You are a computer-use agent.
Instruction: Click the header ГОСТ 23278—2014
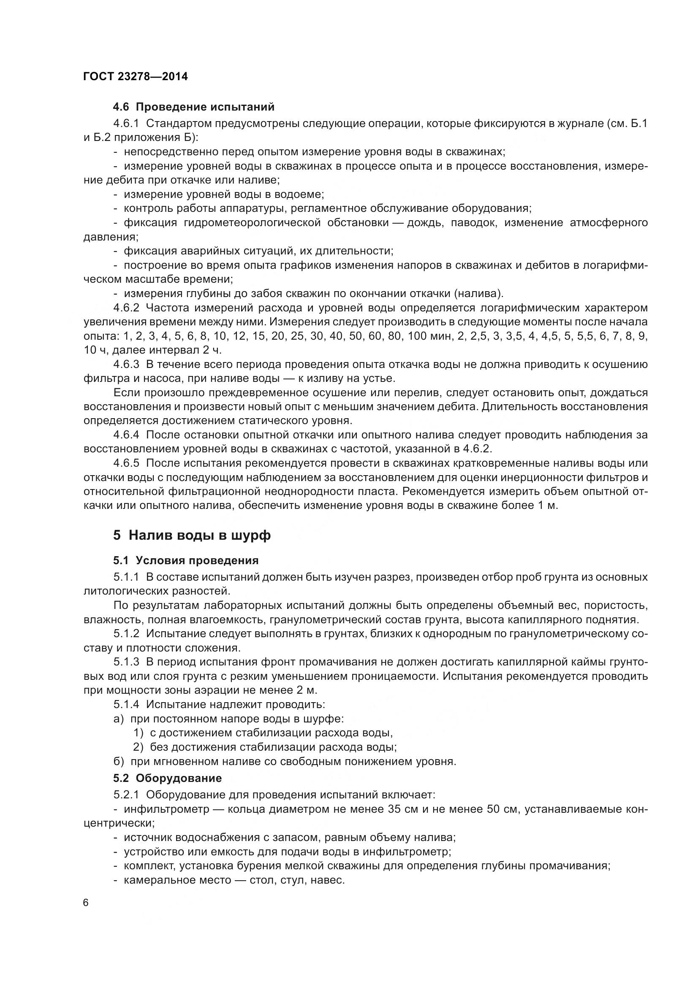coord(136,77)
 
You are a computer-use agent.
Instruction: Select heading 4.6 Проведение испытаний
coord(193,107)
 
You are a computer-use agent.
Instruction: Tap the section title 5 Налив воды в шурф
coord(192,535)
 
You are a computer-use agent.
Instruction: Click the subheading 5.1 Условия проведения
coord(186,560)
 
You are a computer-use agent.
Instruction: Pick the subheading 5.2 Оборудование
coord(167,778)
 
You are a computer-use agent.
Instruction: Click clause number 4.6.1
coord(126,123)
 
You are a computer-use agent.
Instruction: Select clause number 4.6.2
coord(126,308)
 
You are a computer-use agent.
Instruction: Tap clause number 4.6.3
coord(126,365)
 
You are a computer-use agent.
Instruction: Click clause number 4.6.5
coord(126,463)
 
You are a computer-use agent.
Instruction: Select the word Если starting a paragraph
coord(127,393)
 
